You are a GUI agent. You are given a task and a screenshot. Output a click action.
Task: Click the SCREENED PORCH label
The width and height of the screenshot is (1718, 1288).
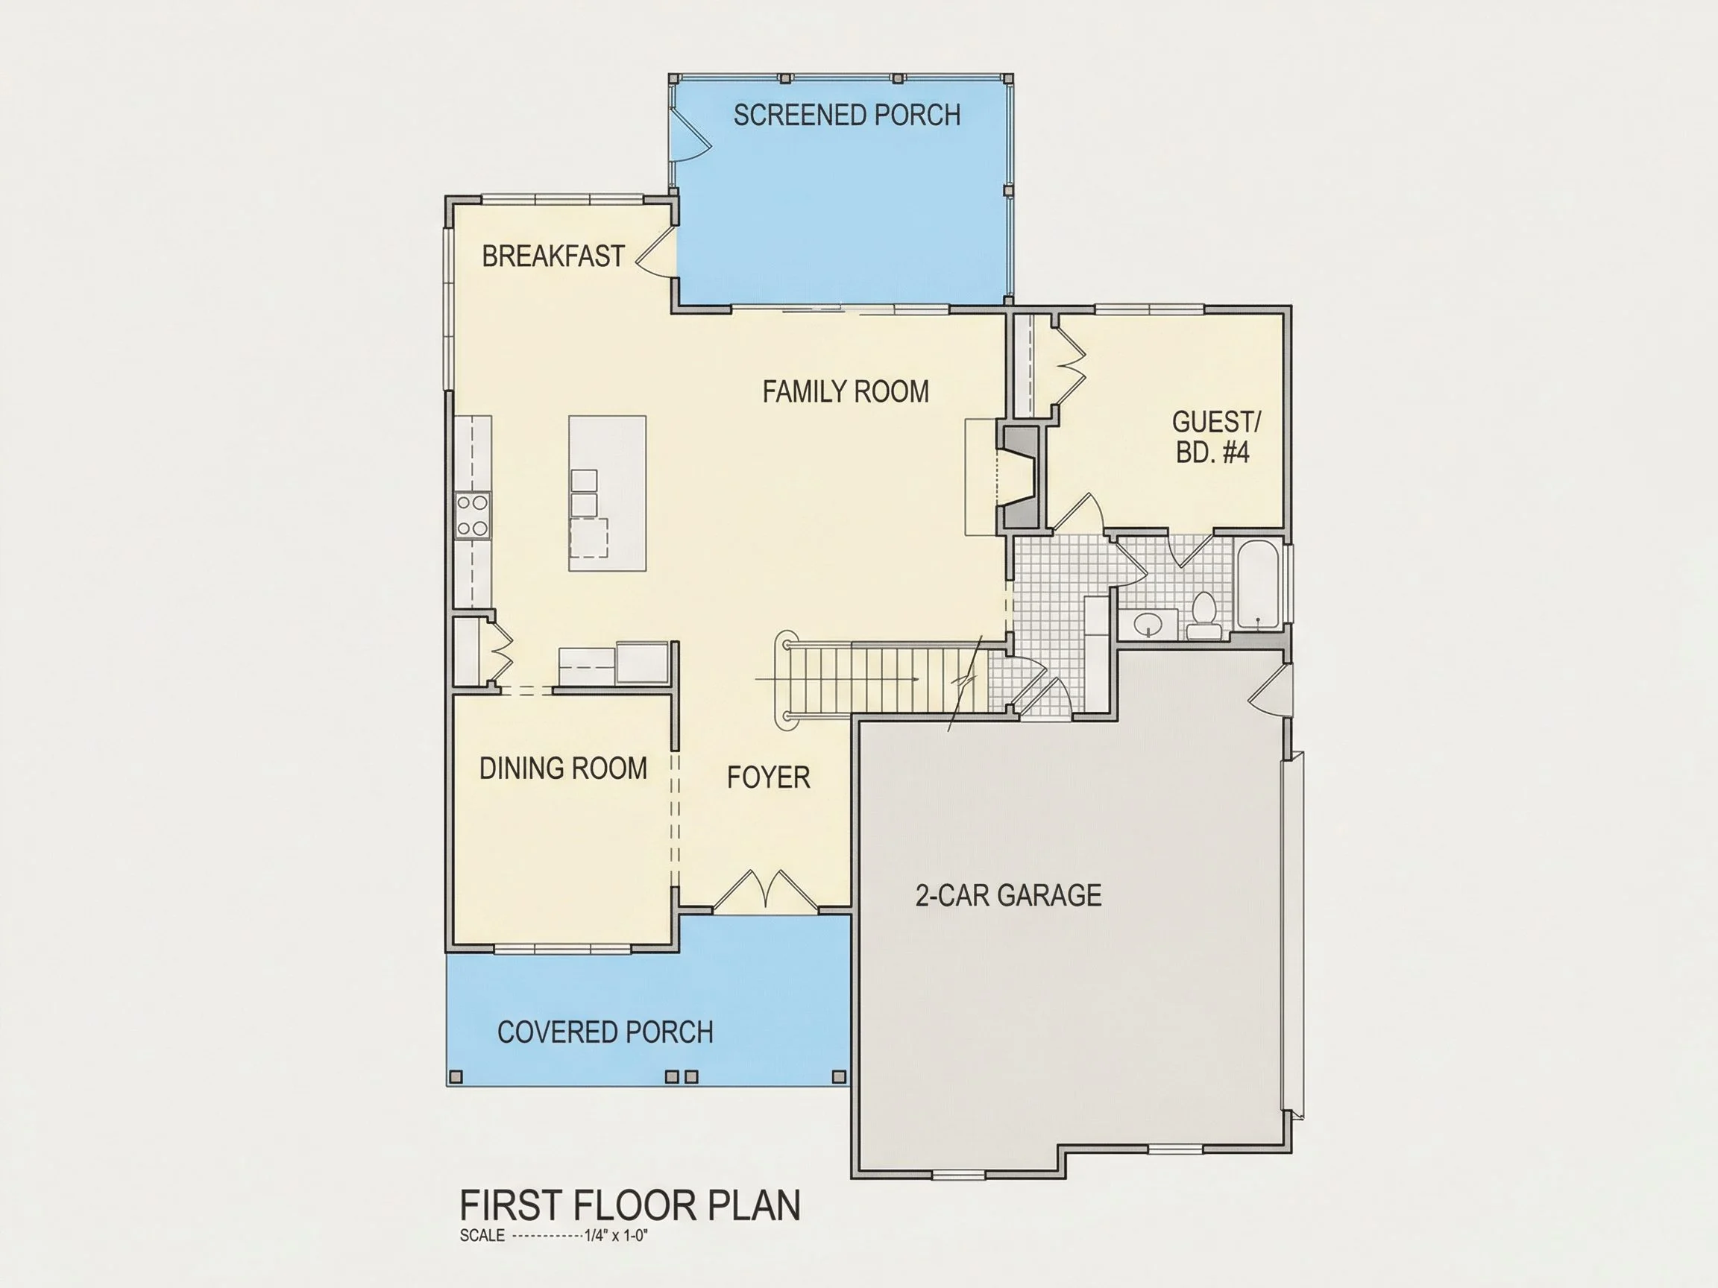(846, 115)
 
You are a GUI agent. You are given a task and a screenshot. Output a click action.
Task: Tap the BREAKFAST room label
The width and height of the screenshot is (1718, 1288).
(553, 256)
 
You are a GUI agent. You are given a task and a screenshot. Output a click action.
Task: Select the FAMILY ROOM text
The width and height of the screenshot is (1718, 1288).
(846, 391)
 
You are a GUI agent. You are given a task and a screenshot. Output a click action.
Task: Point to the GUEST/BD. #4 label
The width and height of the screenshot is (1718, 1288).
(1215, 437)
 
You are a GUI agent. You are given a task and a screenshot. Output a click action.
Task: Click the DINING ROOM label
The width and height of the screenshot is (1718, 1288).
(563, 768)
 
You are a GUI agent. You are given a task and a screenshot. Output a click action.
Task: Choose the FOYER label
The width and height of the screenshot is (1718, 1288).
(768, 777)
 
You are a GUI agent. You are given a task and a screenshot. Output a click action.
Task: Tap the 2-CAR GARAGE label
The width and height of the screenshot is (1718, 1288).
(1008, 895)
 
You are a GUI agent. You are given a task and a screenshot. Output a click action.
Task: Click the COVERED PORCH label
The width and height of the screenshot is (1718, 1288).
(605, 1032)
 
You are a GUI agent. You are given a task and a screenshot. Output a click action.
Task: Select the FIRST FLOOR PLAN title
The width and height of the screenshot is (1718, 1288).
(630, 1205)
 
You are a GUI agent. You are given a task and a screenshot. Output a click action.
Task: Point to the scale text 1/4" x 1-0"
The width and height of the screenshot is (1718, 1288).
(616, 1236)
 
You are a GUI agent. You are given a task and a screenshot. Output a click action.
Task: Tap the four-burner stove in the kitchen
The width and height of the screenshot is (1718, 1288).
(472, 515)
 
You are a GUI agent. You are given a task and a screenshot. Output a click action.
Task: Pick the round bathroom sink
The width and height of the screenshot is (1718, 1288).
(1147, 622)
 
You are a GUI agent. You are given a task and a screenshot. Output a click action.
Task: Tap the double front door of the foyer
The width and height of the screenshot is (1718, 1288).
(766, 890)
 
